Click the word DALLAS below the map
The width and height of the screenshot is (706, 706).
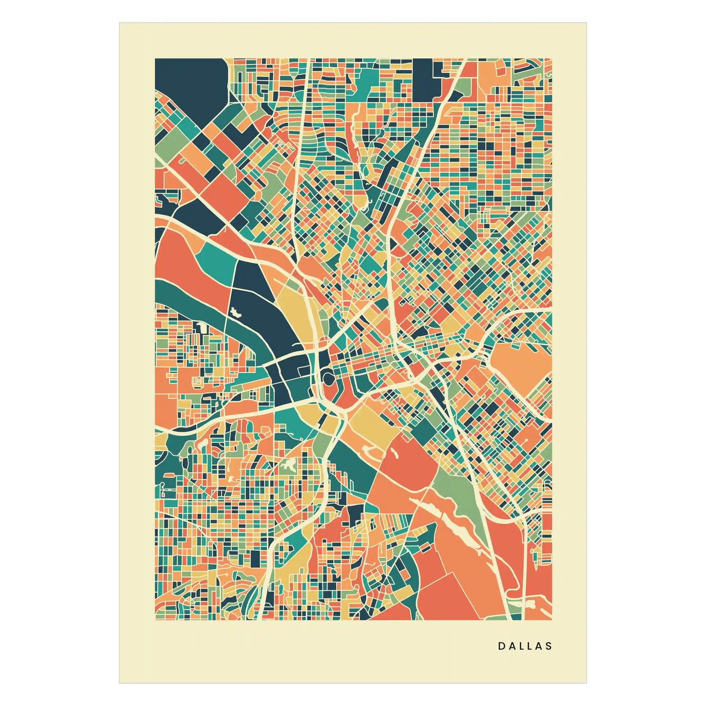525,646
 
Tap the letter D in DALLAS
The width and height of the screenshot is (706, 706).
501,646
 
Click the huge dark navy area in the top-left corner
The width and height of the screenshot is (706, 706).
188,83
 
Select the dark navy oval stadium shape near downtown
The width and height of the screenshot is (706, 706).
328,378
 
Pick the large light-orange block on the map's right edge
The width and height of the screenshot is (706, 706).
518,366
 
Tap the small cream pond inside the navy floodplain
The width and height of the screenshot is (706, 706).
236,313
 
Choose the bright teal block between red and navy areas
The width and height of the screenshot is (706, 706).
216,261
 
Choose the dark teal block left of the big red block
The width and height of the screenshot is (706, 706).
354,464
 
